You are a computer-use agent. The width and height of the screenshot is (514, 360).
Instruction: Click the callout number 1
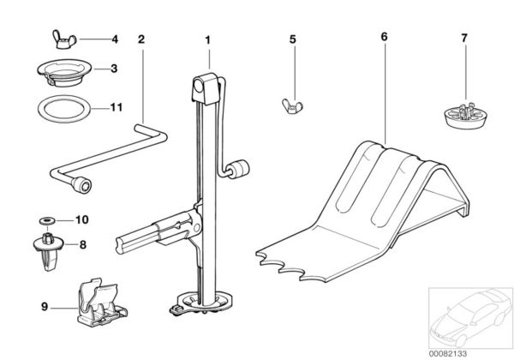pos(206,39)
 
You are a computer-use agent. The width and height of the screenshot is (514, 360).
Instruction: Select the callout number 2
pos(140,39)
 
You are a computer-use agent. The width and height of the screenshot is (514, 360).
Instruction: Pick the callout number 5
pos(292,39)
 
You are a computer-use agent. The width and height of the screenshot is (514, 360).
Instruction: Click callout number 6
pos(384,39)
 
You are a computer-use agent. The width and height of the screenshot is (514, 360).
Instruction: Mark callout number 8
pos(83,244)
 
